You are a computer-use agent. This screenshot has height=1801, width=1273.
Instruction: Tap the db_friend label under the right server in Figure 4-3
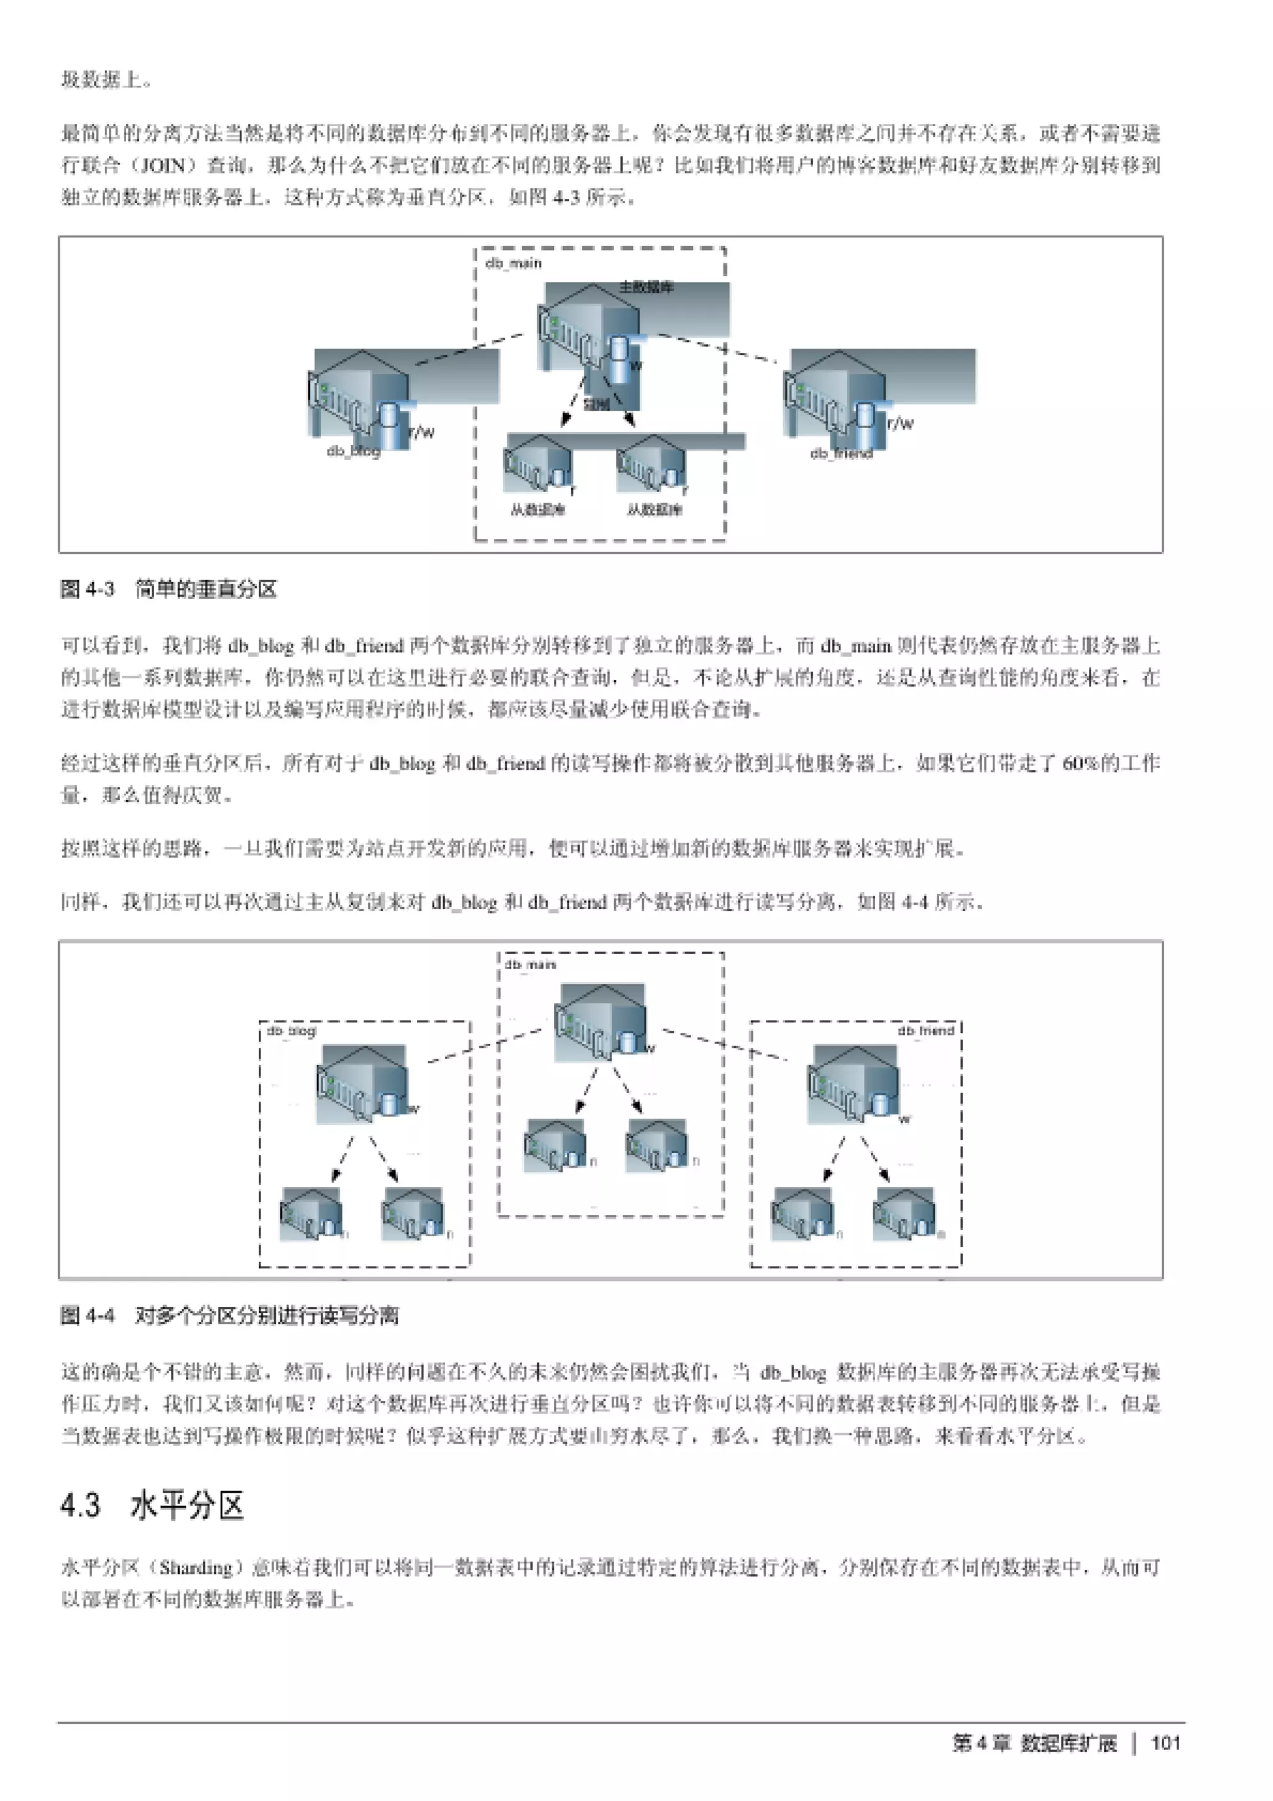[x=841, y=454]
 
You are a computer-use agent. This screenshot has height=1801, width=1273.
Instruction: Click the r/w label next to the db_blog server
[x=422, y=431]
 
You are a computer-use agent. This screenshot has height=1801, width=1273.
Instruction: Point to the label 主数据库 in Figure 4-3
[x=646, y=287]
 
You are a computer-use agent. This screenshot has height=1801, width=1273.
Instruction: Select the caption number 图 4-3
[x=87, y=589]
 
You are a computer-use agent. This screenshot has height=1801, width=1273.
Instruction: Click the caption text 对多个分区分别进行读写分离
[x=267, y=1316]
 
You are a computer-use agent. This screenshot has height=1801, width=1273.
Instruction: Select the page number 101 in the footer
[x=1165, y=1743]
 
